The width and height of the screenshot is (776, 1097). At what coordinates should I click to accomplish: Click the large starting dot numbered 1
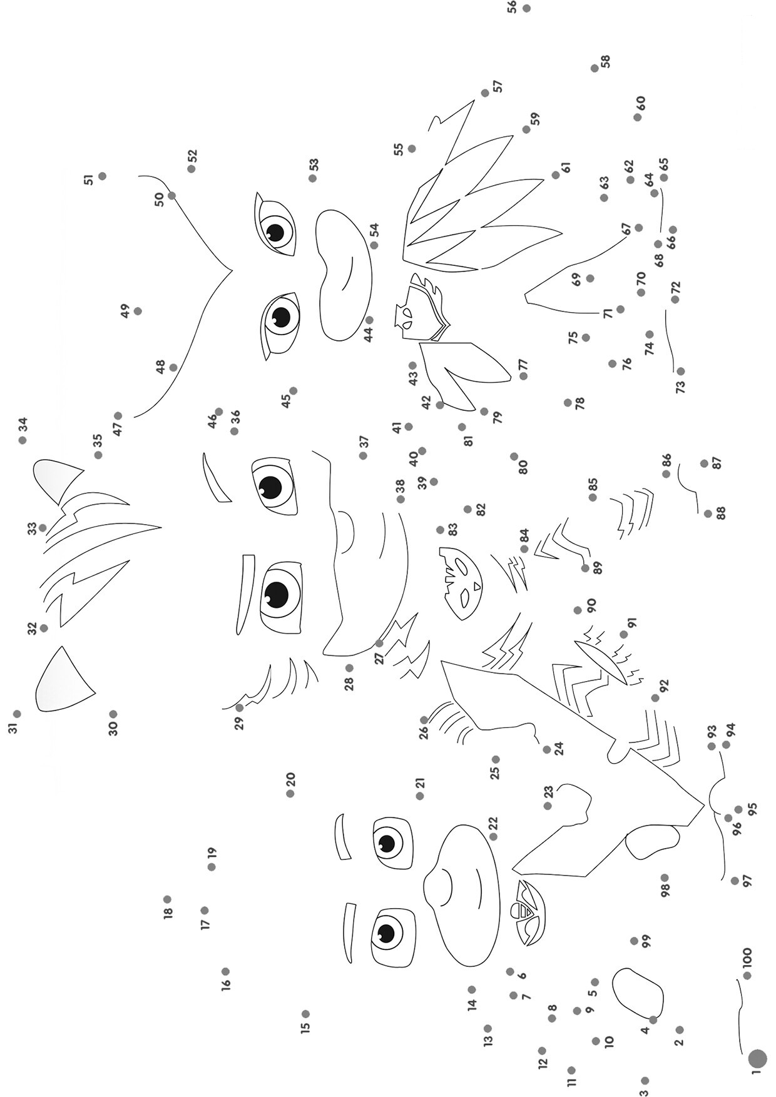pos(757,1058)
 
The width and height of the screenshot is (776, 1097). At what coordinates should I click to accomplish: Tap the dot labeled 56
pos(526,8)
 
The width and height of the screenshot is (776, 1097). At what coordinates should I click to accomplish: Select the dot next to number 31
pos(17,714)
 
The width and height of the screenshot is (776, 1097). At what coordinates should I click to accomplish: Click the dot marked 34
pos(23,440)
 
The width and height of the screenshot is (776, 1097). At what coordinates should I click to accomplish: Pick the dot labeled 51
pos(102,176)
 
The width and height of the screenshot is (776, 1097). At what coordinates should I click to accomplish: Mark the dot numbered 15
pos(305,1014)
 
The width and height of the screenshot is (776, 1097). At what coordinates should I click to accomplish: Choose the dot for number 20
pos(290,794)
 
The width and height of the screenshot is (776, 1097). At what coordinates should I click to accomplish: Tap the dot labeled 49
pos(138,311)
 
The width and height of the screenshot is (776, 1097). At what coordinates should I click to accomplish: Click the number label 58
pos(605,62)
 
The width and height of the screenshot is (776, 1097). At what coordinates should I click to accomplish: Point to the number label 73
pos(681,387)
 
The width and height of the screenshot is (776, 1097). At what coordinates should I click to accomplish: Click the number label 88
pos(721,513)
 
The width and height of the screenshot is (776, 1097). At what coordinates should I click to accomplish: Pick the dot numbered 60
pos(637,117)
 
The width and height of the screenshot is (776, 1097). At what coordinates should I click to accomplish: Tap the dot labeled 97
pos(735,881)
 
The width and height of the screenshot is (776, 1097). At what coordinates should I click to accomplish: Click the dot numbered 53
pos(312,178)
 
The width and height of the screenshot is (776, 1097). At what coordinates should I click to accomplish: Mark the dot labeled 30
pos(113,714)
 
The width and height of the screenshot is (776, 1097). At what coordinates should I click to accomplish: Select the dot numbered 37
pos(363,455)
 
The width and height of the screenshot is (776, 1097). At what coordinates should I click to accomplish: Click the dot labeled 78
pos(568,403)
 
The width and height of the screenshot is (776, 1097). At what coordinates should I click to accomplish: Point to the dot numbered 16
pos(225,971)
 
